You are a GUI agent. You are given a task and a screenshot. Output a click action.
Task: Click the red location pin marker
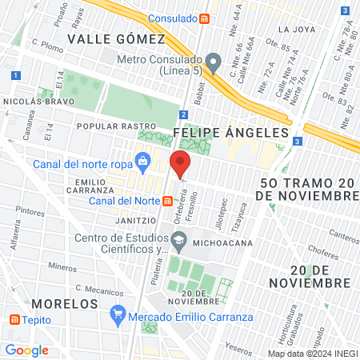180,164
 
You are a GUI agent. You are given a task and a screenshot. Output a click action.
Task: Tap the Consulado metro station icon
205,17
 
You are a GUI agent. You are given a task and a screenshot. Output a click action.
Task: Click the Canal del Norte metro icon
168,200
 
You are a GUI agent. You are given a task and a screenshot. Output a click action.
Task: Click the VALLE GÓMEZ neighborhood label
116,38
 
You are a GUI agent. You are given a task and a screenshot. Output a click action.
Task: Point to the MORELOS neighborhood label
66,304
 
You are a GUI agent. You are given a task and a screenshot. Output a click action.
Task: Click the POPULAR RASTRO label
114,126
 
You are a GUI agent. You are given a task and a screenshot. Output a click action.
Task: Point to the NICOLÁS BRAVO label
33,102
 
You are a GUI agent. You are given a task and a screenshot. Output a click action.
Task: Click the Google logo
27,350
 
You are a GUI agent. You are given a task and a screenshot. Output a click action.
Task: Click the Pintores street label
30,212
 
